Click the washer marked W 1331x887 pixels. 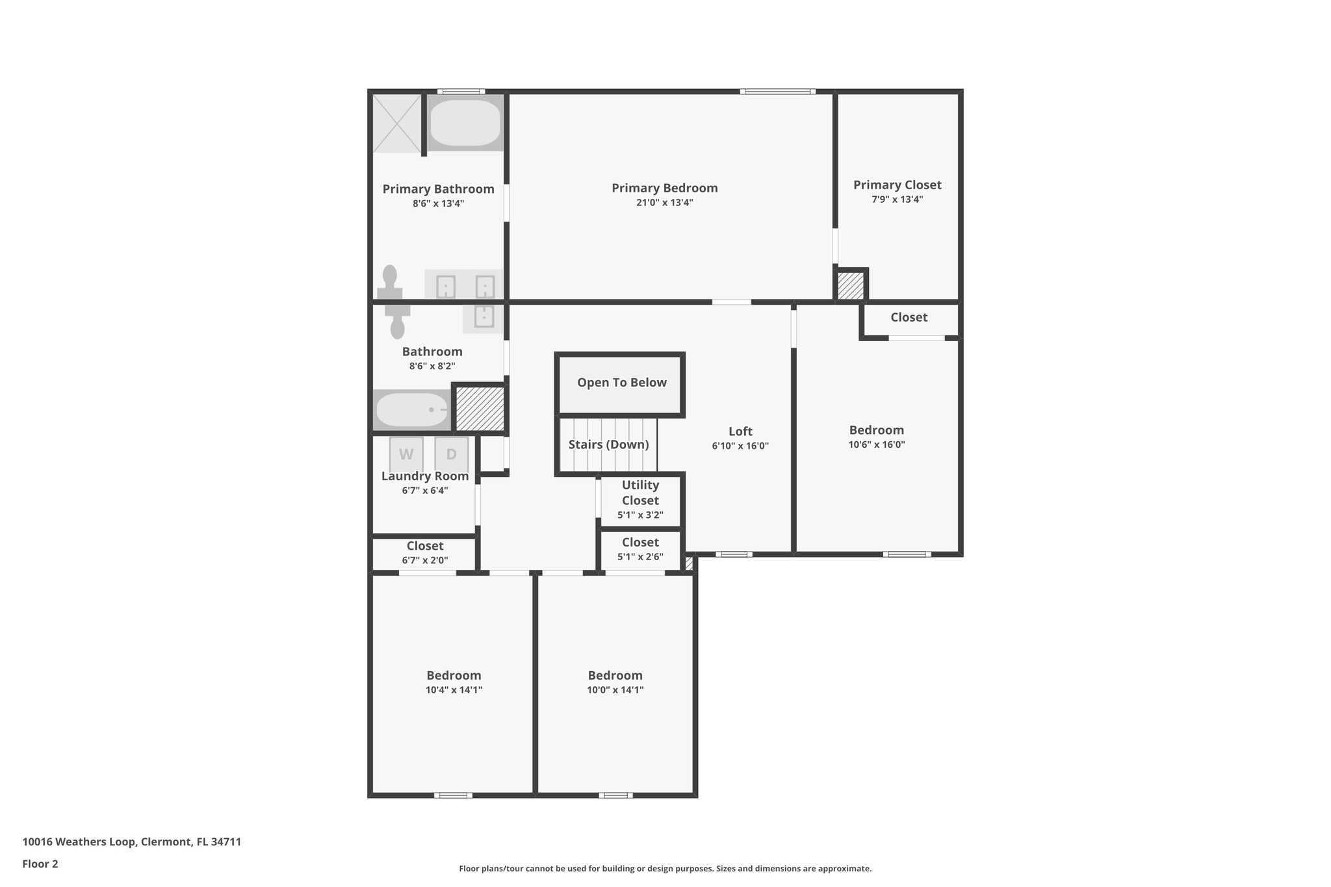click(406, 454)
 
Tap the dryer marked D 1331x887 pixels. click(451, 454)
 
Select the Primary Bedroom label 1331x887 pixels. click(664, 188)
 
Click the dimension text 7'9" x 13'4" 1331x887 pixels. click(897, 199)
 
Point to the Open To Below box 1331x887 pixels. click(621, 383)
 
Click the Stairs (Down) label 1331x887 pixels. click(608, 444)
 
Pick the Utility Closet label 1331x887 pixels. click(640, 493)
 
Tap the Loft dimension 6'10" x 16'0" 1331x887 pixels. click(740, 446)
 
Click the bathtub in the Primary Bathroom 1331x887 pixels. click(465, 123)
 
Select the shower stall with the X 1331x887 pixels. click(397, 123)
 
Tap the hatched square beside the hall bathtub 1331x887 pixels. click(480, 408)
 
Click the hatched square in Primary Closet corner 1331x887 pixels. click(849, 285)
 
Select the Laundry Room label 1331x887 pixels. click(424, 476)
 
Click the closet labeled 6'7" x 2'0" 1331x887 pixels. click(424, 553)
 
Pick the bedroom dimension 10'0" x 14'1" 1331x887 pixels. click(615, 690)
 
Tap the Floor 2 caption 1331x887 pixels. click(40, 864)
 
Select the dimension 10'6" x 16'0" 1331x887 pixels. click(876, 445)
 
